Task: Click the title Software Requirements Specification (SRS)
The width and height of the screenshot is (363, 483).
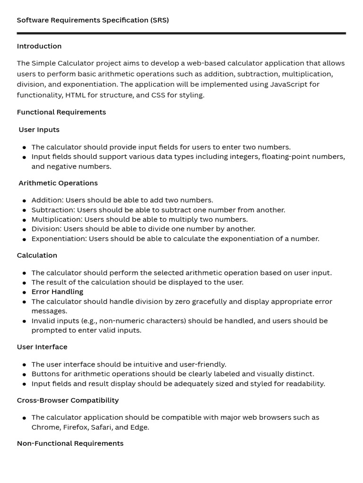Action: point(93,20)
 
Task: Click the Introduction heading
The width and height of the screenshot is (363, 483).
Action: point(39,46)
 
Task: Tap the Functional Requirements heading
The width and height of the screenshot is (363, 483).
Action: point(61,112)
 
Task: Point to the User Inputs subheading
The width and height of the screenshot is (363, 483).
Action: point(39,130)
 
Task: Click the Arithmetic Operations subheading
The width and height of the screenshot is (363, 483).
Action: point(58,183)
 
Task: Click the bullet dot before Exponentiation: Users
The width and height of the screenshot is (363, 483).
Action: point(24,239)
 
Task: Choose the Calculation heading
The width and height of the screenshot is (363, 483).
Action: point(37,256)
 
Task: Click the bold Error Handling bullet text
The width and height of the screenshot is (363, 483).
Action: point(57,292)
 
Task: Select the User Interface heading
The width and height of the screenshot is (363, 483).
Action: point(42,347)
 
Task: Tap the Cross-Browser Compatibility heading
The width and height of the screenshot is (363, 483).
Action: point(68,400)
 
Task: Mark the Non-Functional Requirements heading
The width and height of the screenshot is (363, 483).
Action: point(70,443)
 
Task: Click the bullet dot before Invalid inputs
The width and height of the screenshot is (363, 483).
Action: point(24,321)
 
